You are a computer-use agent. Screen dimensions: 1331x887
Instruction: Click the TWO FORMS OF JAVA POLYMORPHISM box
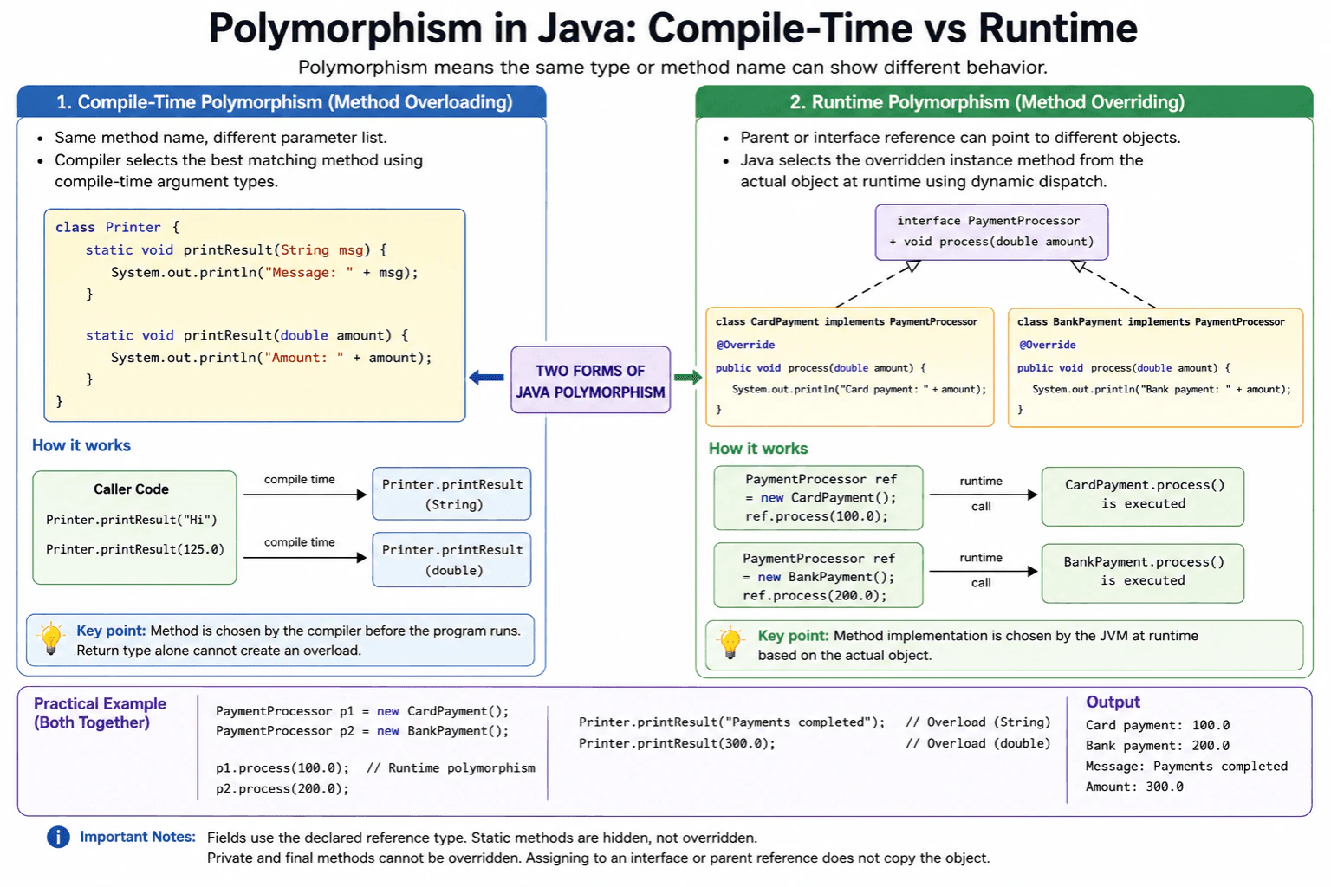590,379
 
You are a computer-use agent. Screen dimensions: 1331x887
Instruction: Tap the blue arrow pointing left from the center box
487,378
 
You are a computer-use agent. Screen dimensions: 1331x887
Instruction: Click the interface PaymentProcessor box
991,232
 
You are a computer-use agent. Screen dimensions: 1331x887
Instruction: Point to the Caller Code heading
131,489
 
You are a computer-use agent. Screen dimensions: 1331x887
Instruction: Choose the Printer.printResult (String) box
451,494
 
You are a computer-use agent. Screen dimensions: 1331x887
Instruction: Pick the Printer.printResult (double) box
451,560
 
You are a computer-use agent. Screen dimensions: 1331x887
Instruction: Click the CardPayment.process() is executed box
1143,496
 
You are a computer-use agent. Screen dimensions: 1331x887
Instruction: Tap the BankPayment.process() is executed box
1143,573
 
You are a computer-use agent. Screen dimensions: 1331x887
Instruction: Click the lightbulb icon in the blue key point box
50,638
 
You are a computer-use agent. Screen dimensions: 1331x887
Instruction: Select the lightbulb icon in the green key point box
730,643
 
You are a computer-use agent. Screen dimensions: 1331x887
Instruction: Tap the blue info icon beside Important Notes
58,837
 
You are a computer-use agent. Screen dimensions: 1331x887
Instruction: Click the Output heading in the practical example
1113,702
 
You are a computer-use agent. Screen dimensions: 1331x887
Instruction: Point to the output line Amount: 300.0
1134,787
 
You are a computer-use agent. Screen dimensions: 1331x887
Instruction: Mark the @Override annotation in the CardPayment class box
745,345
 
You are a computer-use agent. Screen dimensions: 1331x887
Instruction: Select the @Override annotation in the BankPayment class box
1047,345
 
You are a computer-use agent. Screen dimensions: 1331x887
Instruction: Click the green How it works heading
757,449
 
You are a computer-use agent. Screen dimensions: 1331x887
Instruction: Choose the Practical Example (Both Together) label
100,713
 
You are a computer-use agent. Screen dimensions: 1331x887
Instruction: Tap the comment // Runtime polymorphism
451,768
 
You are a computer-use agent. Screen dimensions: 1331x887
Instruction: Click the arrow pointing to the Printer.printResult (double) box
305,557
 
